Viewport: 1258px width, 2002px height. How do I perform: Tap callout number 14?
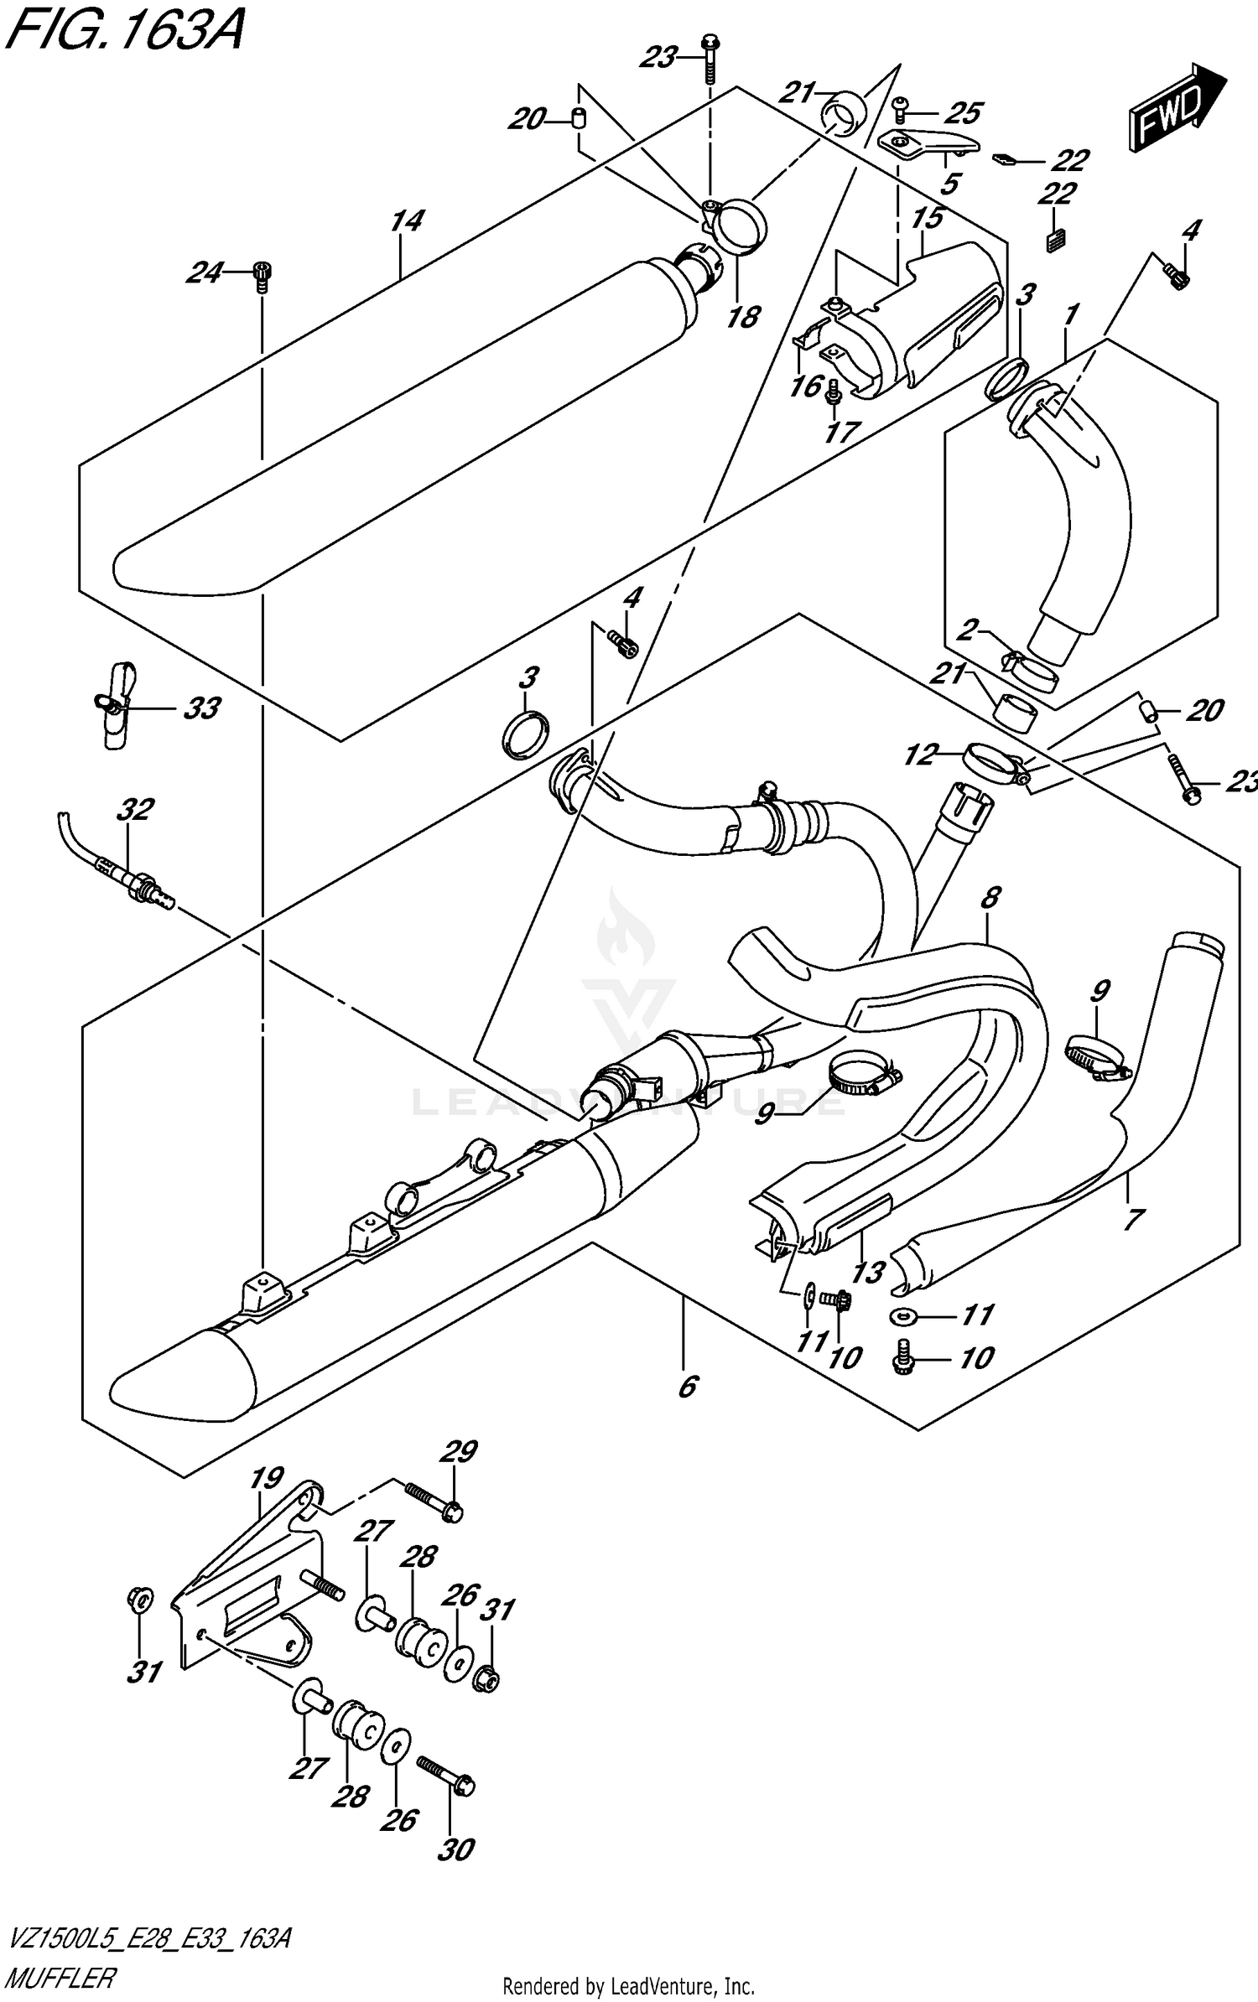click(407, 221)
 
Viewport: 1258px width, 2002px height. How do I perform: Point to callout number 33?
click(201, 708)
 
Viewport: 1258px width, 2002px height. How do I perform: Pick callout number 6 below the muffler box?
click(687, 1387)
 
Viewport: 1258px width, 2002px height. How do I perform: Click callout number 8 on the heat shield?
click(990, 898)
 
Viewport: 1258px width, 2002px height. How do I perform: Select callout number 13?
click(867, 1273)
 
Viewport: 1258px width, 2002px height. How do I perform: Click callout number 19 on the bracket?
click(267, 1477)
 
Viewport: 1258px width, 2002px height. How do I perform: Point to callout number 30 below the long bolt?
click(456, 1849)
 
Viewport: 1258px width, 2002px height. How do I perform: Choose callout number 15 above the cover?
click(928, 219)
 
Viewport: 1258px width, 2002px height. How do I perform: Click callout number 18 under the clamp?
click(743, 317)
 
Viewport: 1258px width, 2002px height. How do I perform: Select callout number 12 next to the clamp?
click(919, 755)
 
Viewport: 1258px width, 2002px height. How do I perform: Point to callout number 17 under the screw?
click(842, 432)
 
